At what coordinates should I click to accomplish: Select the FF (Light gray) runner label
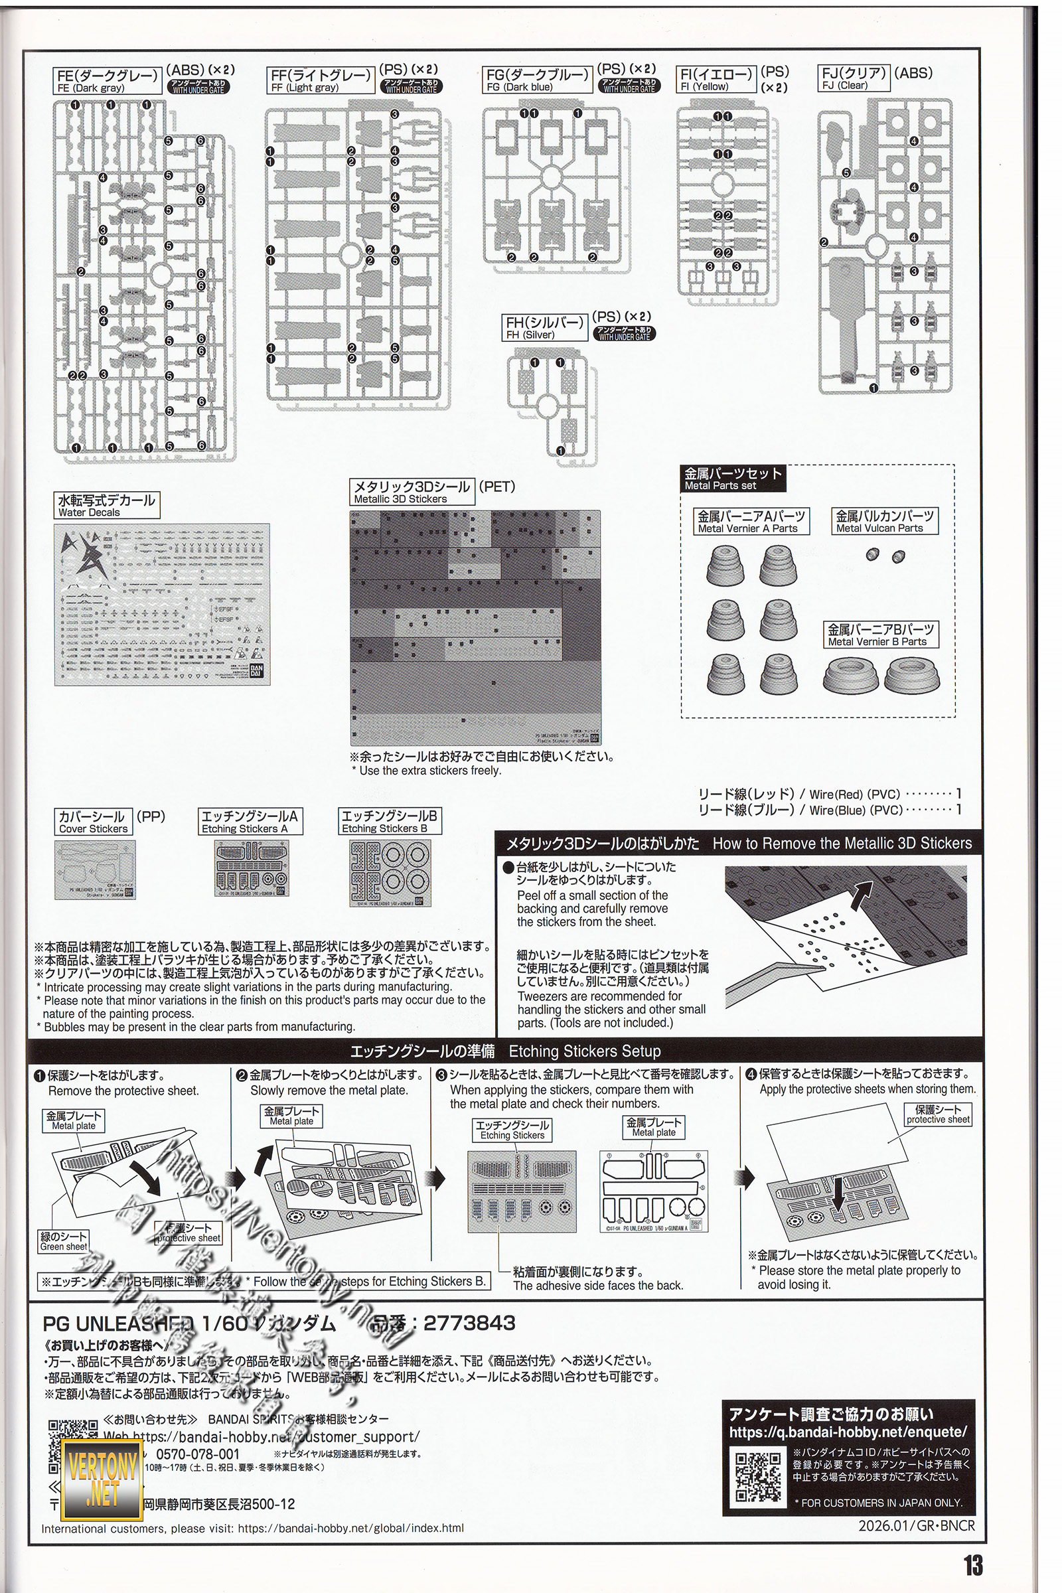coord(321,80)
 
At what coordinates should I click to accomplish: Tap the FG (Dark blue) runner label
coord(538,79)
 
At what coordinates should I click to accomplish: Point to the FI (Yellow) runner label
coord(716,79)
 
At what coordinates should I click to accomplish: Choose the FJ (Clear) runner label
coord(854,78)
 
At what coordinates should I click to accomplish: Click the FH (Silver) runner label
coord(544,328)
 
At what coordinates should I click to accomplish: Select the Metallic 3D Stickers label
coord(412,493)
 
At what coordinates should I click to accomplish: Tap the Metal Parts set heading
coord(733,479)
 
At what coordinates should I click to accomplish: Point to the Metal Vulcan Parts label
coord(885,522)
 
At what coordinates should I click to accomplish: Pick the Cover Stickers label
coord(93,822)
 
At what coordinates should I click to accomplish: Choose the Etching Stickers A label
coord(250,822)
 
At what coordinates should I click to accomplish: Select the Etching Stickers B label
coord(390,821)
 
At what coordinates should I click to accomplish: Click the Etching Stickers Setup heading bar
coord(505,1051)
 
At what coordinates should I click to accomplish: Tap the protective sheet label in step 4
coord(938,1115)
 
